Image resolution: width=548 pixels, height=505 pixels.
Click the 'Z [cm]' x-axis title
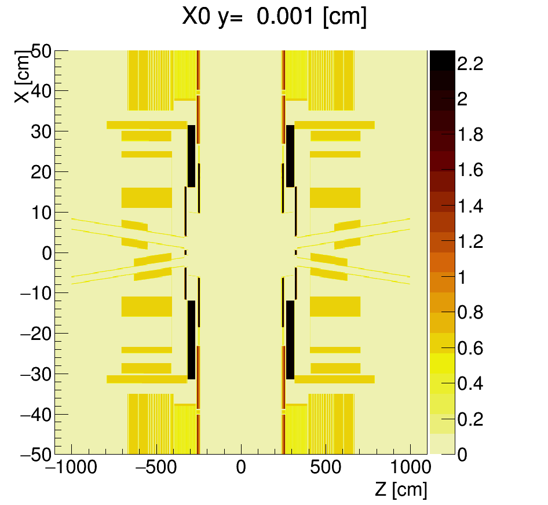[x=400, y=489]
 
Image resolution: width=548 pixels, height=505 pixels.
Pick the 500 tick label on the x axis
[x=326, y=467]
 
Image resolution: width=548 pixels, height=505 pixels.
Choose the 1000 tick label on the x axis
[x=410, y=467]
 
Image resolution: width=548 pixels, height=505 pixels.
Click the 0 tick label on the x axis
[x=241, y=467]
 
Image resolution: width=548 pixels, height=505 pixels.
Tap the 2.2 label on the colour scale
[x=470, y=64]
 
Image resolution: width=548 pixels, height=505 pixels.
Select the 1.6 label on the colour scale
[x=470, y=171]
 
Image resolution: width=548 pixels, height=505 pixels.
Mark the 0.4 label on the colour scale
[x=470, y=384]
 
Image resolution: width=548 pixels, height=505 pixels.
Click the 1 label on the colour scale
[x=462, y=277]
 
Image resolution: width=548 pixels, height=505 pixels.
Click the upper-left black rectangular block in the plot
[x=191, y=156]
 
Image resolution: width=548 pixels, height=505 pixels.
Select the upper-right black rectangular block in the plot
[x=290, y=156]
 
